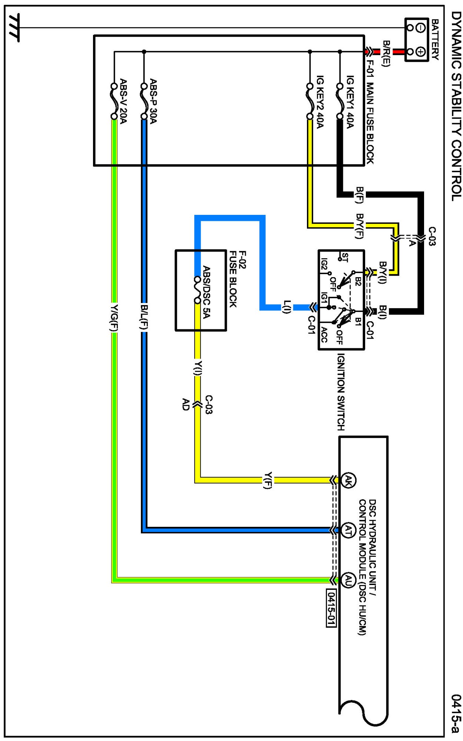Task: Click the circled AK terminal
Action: pyautogui.click(x=348, y=481)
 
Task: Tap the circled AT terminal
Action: pyautogui.click(x=348, y=530)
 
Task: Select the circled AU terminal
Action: pyautogui.click(x=348, y=580)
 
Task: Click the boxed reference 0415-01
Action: pyautogui.click(x=331, y=608)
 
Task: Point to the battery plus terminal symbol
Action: pyautogui.click(x=420, y=52)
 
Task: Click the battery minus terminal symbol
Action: pyautogui.click(x=420, y=28)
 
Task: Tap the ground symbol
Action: pyautogui.click(x=14, y=27)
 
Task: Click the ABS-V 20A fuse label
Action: pyautogui.click(x=123, y=101)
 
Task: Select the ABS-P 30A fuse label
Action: pyautogui.click(x=153, y=101)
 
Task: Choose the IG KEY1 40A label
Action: pyautogui.click(x=350, y=102)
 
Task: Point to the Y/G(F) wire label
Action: pyautogui.click(x=114, y=318)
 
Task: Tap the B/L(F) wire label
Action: pyautogui.click(x=144, y=318)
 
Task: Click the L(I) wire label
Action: pyautogui.click(x=287, y=307)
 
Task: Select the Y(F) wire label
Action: pyautogui.click(x=268, y=481)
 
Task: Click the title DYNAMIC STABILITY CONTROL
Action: pyautogui.click(x=456, y=106)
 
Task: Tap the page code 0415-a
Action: pyautogui.click(x=456, y=713)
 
